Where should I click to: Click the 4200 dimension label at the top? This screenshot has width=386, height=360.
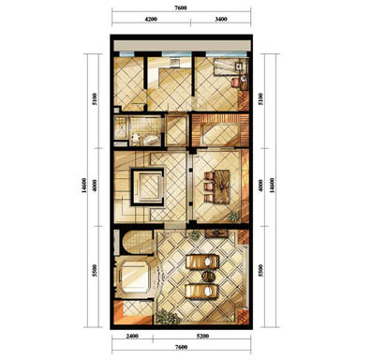click(151, 19)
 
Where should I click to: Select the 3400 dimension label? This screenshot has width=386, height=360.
click(221, 19)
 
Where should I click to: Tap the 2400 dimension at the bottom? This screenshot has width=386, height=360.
click(132, 337)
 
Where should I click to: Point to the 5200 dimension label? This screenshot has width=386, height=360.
click(202, 337)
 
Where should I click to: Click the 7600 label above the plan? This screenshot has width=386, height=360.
click(181, 8)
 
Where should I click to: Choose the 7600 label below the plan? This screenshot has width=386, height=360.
click(181, 347)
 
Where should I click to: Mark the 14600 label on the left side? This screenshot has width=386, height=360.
click(84, 186)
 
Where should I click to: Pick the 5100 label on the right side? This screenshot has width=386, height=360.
click(261, 98)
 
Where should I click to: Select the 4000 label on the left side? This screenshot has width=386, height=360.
click(95, 186)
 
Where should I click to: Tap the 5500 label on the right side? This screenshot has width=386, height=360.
click(261, 270)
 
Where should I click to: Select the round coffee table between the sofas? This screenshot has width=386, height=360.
click(208, 277)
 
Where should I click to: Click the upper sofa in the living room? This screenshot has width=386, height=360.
click(202, 262)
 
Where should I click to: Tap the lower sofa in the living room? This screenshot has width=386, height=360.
click(202, 291)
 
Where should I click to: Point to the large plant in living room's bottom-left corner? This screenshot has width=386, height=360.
click(168, 317)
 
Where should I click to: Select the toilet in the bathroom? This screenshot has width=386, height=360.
click(135, 139)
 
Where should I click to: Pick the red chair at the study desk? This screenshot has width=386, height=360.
click(235, 82)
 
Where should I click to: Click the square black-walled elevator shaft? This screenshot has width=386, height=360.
click(147, 187)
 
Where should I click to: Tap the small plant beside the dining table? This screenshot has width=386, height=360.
click(233, 216)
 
